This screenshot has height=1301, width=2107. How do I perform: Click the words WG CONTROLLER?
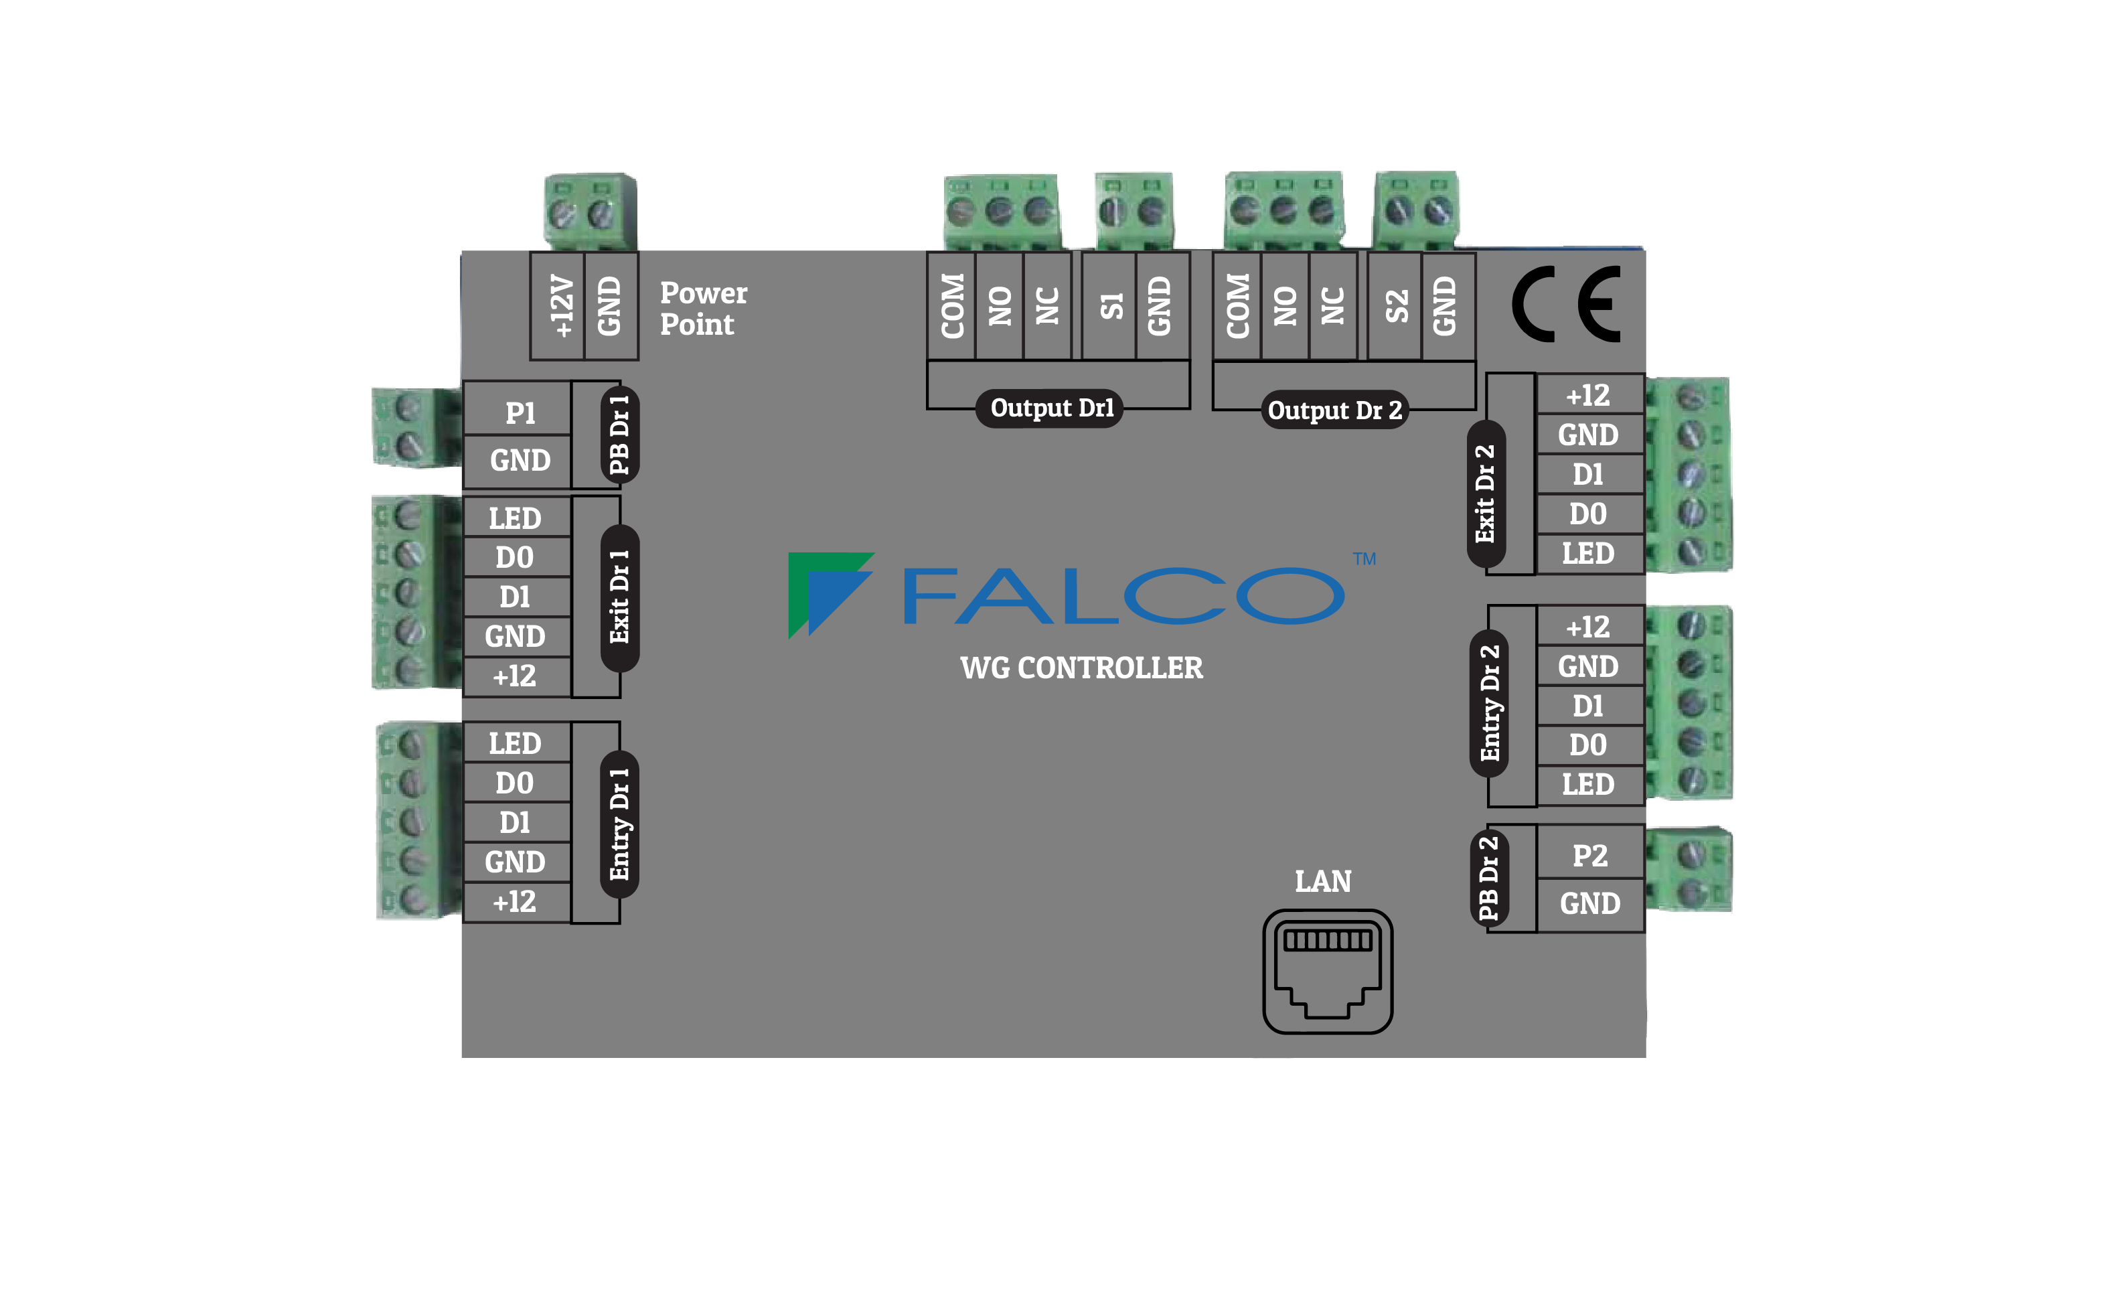point(1081,668)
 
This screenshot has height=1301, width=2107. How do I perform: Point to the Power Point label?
point(702,308)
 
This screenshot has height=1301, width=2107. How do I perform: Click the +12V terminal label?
point(560,305)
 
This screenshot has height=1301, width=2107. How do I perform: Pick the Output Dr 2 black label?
point(1334,410)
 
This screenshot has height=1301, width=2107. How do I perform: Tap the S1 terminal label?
point(1111,305)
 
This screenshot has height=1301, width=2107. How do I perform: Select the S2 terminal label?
point(1395,305)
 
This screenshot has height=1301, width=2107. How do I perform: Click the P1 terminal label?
point(520,413)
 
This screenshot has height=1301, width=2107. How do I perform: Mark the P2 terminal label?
point(1589,855)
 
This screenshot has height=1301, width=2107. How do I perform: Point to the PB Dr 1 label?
point(619,435)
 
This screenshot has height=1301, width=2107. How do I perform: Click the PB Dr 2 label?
point(1488,878)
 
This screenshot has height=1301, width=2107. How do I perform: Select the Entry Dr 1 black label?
point(619,824)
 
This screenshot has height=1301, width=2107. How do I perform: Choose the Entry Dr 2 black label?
point(1489,703)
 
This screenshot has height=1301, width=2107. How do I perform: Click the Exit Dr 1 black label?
point(619,597)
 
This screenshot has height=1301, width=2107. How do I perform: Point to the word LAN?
point(1322,881)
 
